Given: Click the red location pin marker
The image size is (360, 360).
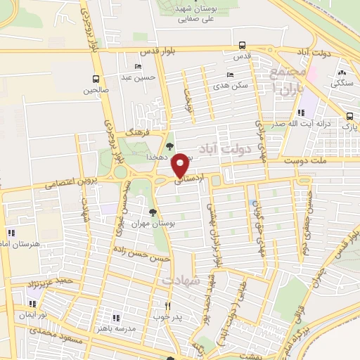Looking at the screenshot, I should (x=180, y=165).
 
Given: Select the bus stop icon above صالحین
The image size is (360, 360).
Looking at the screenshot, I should (x=96, y=79).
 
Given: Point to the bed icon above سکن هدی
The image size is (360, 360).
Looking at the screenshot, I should (x=229, y=75).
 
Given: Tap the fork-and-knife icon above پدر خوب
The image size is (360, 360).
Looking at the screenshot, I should (x=167, y=306).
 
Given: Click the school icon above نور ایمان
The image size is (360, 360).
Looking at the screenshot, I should (x=32, y=304).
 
